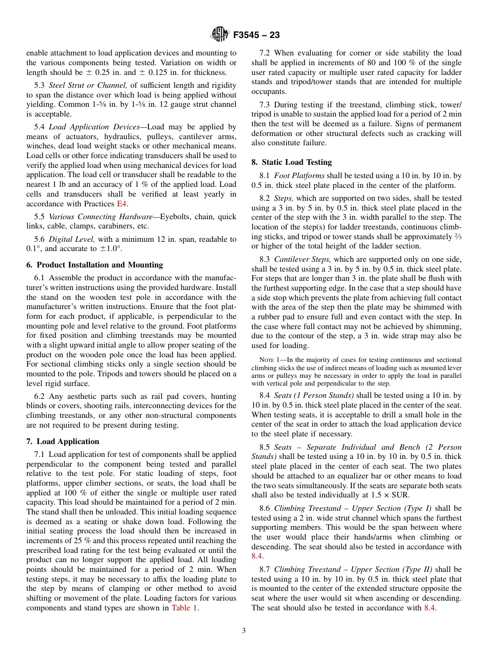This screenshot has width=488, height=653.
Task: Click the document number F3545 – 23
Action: (256, 35)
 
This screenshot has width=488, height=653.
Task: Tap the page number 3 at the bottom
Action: (244, 630)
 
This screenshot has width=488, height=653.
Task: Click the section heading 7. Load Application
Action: (63, 441)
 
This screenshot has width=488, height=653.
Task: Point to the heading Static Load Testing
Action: (291, 162)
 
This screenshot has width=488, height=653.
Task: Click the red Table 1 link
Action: (184, 608)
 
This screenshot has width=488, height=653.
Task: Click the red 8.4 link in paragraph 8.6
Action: (257, 556)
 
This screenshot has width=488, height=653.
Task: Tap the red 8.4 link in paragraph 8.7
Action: (429, 608)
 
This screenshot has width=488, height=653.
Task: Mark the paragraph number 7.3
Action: (265, 104)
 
